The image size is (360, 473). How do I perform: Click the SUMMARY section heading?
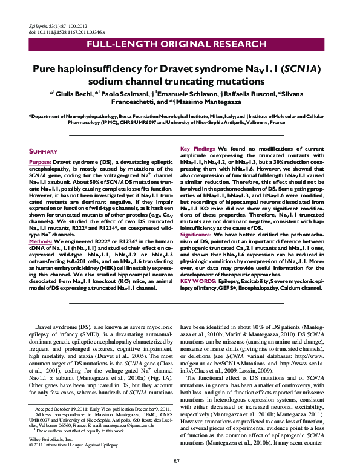(x=44, y=151)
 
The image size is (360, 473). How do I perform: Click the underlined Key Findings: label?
(x=197, y=149)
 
